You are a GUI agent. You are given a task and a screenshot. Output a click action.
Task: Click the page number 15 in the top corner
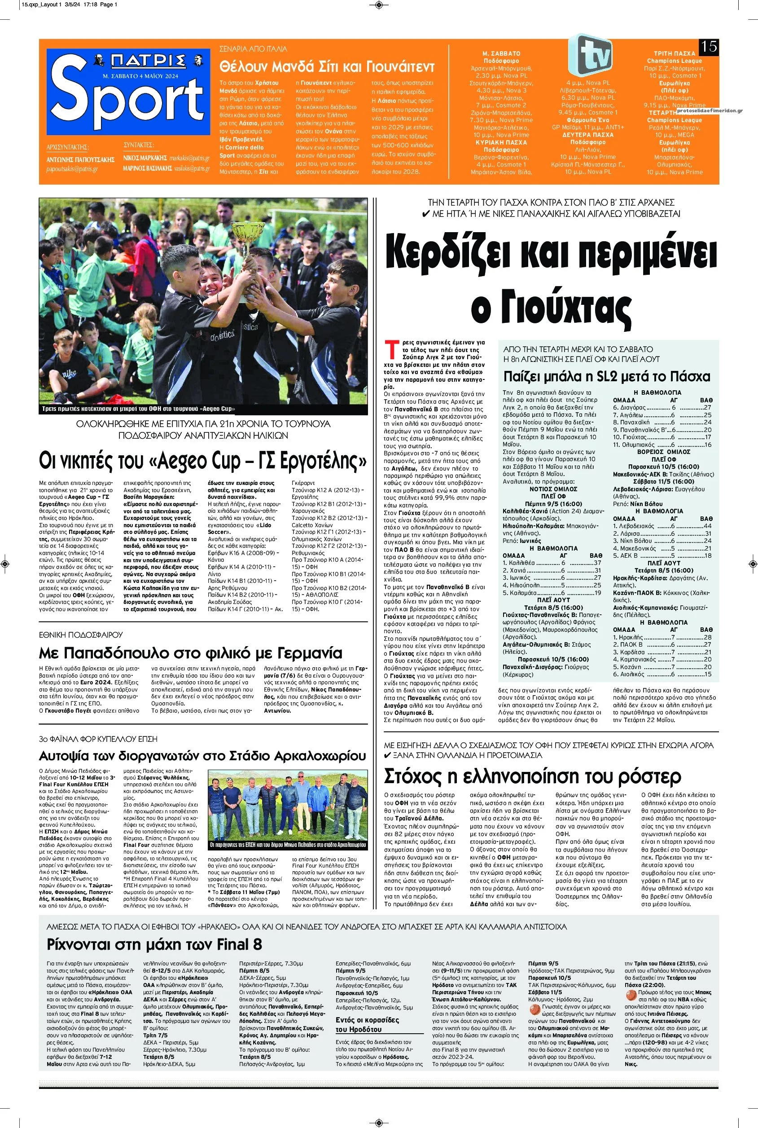coord(709,46)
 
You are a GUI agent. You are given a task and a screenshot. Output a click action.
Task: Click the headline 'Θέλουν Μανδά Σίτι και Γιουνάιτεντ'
coord(327,66)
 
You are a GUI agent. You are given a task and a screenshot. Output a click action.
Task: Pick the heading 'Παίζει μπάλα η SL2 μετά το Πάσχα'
coord(607,376)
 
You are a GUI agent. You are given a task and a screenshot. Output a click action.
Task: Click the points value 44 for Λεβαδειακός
coord(708,526)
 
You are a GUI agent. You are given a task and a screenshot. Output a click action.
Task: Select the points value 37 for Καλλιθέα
coord(597,563)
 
